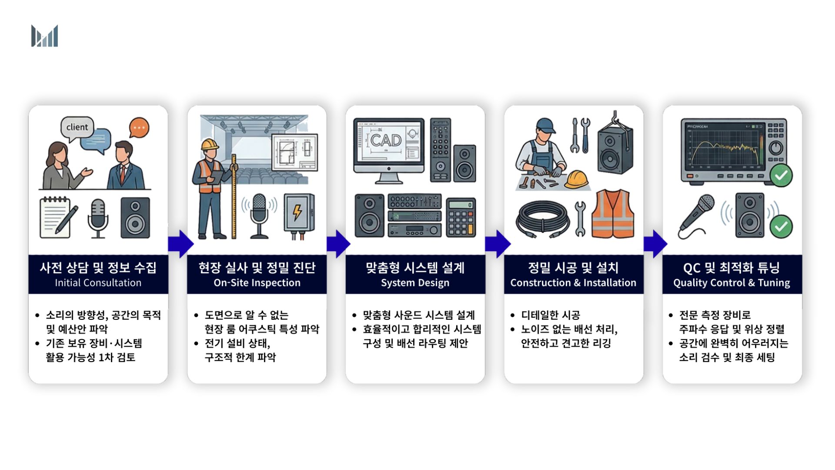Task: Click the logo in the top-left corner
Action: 44,36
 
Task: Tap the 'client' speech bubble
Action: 77,128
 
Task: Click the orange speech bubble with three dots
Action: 139,128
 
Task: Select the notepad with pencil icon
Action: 58,217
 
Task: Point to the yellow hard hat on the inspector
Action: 210,144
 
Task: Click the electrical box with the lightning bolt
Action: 298,215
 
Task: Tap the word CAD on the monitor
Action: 386,140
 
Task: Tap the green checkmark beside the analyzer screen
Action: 781,175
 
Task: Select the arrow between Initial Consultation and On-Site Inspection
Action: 180,244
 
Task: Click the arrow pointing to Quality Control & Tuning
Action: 655,244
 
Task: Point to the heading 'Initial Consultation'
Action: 98,283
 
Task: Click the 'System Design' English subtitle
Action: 415,283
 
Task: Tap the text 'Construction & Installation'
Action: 573,283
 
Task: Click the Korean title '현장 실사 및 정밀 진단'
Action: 257,268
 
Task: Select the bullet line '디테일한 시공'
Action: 551,315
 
